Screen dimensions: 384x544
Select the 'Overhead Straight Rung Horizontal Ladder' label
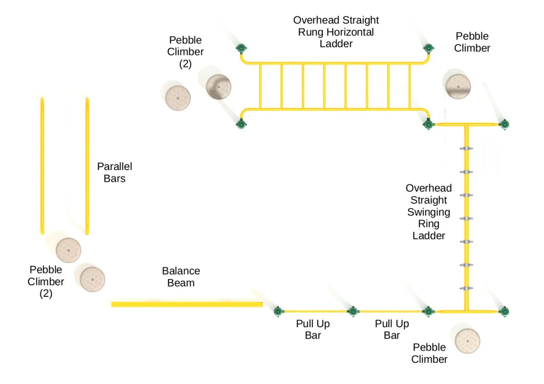[x=336, y=32]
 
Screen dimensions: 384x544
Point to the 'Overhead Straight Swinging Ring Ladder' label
[x=429, y=211]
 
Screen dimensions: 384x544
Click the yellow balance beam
[x=186, y=304]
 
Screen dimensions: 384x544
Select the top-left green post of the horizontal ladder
[x=241, y=49]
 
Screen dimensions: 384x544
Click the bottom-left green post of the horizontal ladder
[x=241, y=125]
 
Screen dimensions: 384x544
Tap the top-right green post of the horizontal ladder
[x=428, y=49]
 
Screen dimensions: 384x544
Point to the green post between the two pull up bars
[x=352, y=311]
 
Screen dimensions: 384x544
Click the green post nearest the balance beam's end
[x=277, y=311]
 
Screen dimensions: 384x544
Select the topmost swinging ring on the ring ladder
[x=466, y=149]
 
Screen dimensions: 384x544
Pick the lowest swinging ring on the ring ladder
[x=466, y=288]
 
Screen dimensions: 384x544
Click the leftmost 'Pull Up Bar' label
[x=312, y=329]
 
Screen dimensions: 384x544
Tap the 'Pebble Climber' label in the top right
[x=472, y=42]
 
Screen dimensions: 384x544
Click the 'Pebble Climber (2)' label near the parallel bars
[x=46, y=281]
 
